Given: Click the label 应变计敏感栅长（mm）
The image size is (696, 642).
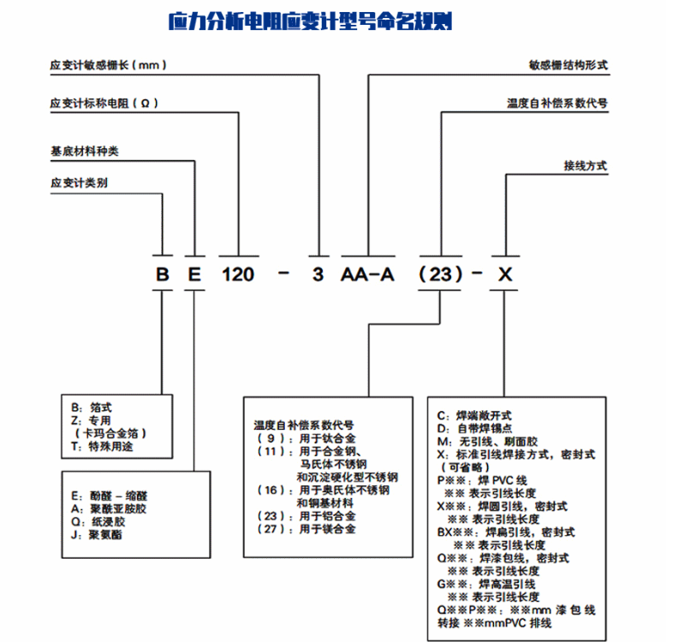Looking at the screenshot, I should [x=108, y=65].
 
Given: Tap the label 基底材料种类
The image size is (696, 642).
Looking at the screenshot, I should [x=85, y=152].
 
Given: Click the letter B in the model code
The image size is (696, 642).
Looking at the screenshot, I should [x=161, y=275].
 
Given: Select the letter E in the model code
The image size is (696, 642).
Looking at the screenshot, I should [x=195, y=275].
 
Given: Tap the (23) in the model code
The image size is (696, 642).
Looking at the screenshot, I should [x=440, y=275].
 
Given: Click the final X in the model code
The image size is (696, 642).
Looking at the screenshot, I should [x=506, y=275].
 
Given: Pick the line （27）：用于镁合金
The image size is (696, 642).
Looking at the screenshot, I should [x=306, y=529].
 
